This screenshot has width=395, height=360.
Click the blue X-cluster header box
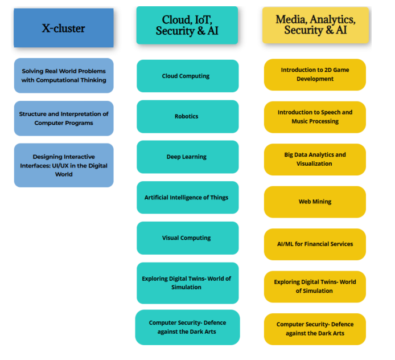(63, 27)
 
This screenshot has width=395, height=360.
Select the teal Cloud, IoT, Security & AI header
(187, 26)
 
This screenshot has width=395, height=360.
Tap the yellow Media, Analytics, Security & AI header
(315, 25)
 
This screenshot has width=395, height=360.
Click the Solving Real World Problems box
(64, 75)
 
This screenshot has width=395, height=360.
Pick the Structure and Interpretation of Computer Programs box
(64, 118)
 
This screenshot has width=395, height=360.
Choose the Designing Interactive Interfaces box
(64, 165)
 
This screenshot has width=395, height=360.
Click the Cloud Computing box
(187, 76)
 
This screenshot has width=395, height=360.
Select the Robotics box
(187, 116)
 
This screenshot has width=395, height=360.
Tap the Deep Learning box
(187, 157)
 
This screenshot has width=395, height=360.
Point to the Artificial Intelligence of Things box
(187, 197)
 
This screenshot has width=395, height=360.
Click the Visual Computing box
(187, 238)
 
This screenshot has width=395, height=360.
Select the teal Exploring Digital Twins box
(187, 283)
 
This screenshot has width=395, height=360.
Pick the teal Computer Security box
(187, 327)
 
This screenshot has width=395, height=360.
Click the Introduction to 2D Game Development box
(315, 75)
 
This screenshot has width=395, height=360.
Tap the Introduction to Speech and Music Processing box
(315, 117)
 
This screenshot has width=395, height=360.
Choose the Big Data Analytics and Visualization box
(315, 159)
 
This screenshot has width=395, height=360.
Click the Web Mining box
(315, 202)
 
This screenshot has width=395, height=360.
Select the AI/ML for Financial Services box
(315, 244)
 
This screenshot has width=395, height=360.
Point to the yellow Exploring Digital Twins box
(315, 286)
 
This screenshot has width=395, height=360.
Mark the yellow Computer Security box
(315, 329)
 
